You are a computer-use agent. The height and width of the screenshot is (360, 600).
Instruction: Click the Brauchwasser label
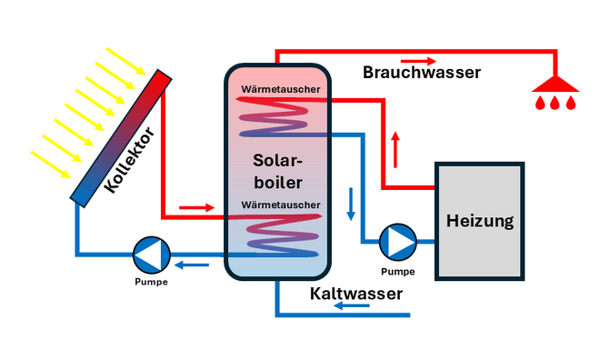421,72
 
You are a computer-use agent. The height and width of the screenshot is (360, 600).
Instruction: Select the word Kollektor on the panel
130,160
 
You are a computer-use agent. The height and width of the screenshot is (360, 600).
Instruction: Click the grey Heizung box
479,221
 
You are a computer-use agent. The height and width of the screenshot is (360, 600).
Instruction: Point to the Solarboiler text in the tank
277,172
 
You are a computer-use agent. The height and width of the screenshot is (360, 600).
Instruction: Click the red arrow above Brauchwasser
419,60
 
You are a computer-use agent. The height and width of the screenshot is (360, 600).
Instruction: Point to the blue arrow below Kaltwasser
351,307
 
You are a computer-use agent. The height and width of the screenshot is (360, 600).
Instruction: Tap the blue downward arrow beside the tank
351,204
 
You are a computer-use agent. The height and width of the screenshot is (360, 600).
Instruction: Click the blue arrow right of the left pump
192,265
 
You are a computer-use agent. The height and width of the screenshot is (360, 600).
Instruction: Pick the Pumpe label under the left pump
150,281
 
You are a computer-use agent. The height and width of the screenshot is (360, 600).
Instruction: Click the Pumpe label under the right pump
397,271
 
